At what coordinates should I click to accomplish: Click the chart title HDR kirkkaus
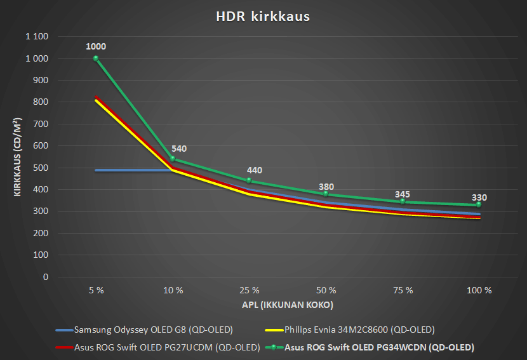tap(263, 17)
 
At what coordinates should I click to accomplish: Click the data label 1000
tap(96, 46)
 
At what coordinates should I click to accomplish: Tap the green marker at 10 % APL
tap(173, 159)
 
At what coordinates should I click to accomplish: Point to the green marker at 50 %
tap(326, 194)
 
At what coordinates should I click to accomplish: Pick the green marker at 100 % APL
tap(479, 204)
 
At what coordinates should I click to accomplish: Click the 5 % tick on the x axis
tap(96, 290)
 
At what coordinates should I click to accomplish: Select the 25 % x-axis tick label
tap(250, 290)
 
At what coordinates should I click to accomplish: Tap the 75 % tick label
tap(403, 290)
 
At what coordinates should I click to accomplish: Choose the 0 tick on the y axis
tap(45, 277)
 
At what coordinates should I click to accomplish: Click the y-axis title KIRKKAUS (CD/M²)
tap(19, 157)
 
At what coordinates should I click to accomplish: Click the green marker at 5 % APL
tap(96, 58)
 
